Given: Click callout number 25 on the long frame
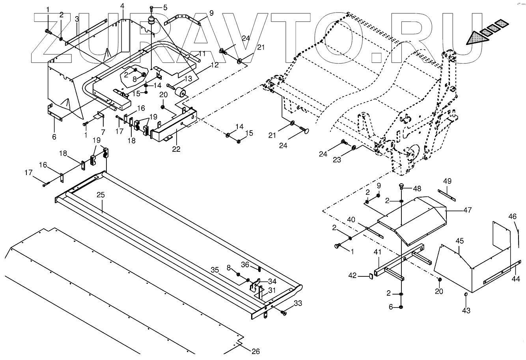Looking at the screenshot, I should (x=101, y=195).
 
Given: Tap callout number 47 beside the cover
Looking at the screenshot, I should (x=467, y=211).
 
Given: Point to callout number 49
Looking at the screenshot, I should (x=447, y=181).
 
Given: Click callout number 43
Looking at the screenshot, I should (x=466, y=311).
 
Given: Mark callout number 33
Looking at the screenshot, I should (x=298, y=303).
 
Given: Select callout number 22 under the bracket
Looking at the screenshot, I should (x=176, y=149).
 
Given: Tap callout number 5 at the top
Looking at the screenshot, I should (x=165, y=7).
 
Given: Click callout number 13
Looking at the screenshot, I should (x=188, y=78).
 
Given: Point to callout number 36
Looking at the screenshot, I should (x=245, y=265).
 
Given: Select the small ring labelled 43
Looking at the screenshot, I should (x=466, y=295).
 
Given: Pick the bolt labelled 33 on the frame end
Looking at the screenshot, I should (x=284, y=313).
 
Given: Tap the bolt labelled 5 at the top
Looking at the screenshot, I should (x=152, y=8).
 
